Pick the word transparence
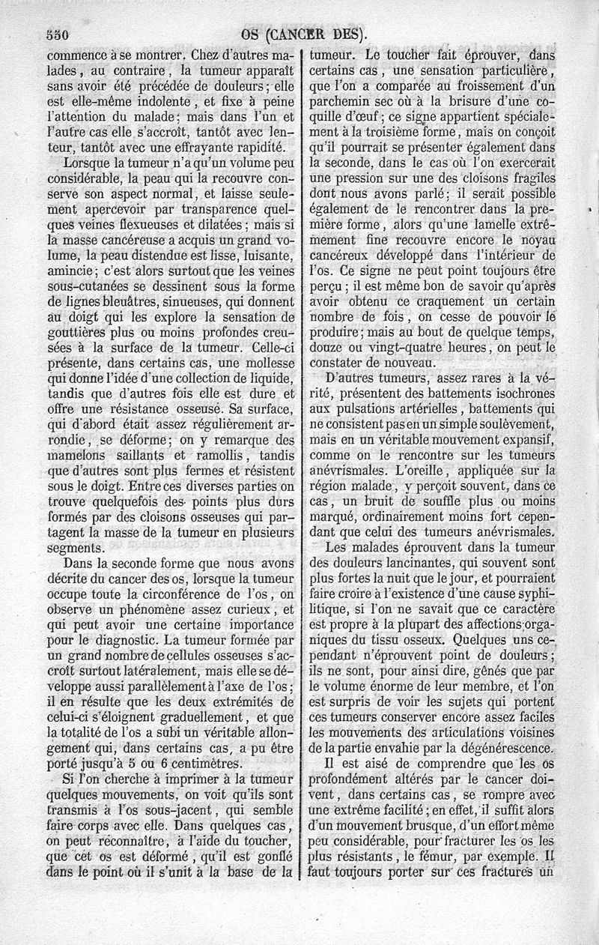click(201, 208)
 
